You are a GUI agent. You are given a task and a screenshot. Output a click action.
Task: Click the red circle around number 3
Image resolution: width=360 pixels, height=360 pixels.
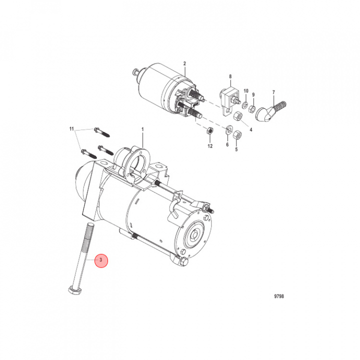click(101, 260)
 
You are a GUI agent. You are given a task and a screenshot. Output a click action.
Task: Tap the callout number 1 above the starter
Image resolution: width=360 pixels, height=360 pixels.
click(142, 129)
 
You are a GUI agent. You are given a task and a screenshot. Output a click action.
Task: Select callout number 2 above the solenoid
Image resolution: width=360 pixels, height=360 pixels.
click(184, 63)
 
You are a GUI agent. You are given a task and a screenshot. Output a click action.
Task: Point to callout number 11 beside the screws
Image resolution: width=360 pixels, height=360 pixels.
click(71, 128)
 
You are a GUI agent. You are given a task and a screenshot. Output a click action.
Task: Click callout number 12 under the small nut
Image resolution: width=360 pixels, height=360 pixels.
click(210, 146)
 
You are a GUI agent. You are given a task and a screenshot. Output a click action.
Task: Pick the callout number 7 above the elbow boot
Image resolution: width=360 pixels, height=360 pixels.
click(273, 92)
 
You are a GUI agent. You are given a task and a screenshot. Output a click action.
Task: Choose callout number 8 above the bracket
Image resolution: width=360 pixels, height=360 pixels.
click(230, 76)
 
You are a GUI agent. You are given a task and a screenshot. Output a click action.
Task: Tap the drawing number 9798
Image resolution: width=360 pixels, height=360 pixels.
click(279, 296)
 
